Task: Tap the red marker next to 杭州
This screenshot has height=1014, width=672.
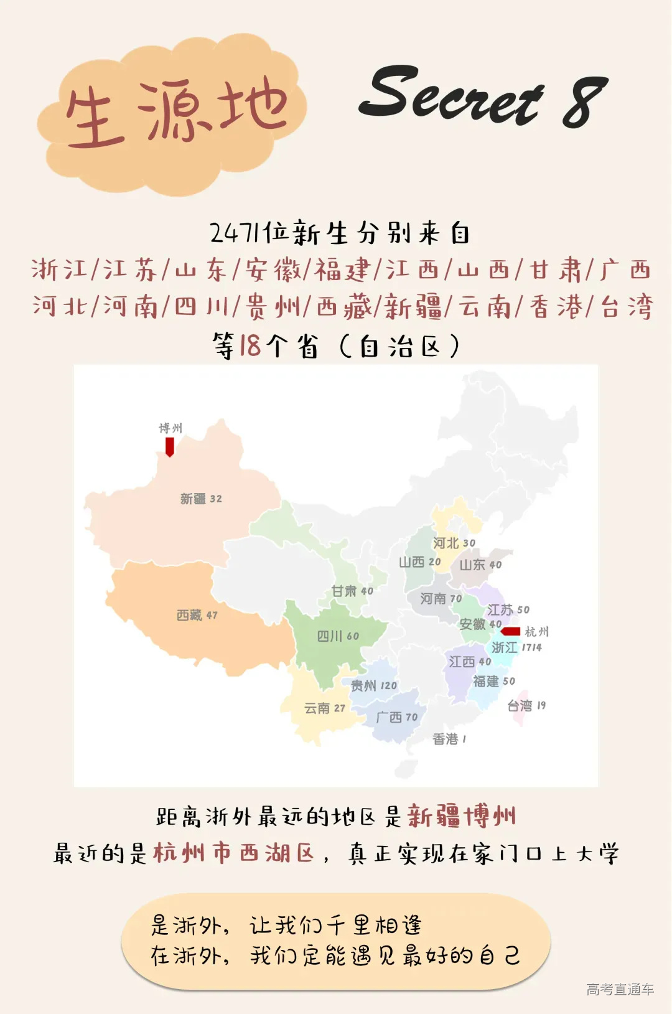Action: click(x=511, y=631)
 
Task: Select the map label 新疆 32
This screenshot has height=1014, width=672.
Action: click(x=201, y=499)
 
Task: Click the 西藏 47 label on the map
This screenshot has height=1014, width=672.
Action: click(x=197, y=615)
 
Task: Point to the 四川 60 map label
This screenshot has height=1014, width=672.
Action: click(x=338, y=636)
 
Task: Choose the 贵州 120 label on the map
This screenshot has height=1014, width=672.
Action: click(x=373, y=685)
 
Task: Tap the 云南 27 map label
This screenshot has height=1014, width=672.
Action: click(x=324, y=708)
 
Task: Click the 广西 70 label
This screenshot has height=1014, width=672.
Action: click(x=397, y=717)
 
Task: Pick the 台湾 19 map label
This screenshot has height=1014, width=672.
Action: click(x=526, y=705)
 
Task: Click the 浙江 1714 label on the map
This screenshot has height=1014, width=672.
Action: click(x=516, y=647)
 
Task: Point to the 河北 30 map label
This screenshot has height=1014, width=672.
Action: click(x=454, y=543)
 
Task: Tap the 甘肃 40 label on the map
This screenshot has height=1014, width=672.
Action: click(x=352, y=591)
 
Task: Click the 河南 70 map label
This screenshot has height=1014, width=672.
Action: click(x=441, y=598)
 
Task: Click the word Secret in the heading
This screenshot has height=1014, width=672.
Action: click(x=450, y=95)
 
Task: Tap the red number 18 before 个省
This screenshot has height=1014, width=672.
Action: click(x=250, y=345)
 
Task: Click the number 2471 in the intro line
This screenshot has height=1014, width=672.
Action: click(x=235, y=233)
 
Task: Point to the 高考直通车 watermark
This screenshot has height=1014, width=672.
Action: click(x=620, y=989)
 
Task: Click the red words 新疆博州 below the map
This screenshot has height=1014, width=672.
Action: click(x=462, y=815)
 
